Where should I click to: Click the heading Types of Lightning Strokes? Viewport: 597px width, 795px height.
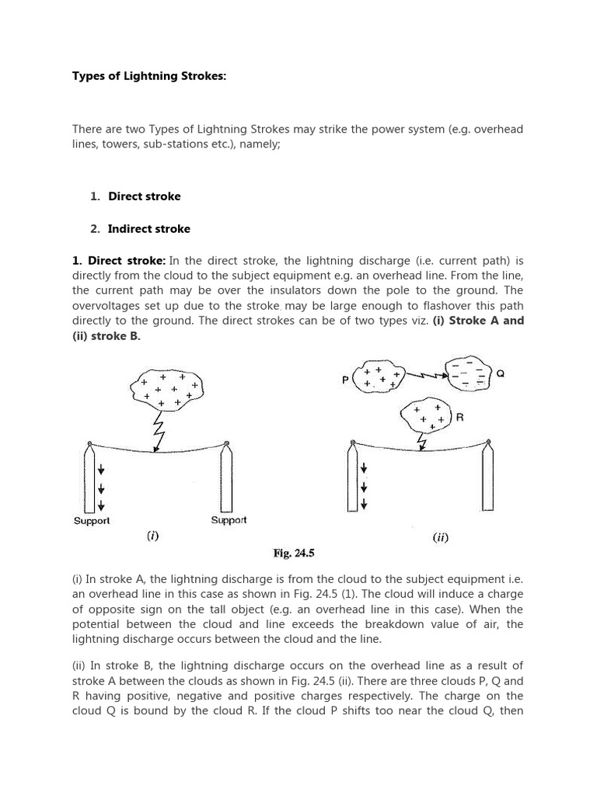coord(148,76)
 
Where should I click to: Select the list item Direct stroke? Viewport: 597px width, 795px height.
coord(144,196)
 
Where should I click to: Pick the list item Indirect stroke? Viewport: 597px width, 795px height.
coord(148,229)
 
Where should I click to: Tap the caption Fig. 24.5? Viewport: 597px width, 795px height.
coord(293,554)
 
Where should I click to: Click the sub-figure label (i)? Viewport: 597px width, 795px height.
coord(153,536)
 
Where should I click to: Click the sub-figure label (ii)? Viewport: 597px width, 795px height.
coord(440,537)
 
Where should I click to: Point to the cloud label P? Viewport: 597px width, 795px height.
coord(345,380)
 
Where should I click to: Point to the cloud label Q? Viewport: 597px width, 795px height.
coord(501,373)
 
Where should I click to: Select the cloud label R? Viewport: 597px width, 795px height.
coord(460,418)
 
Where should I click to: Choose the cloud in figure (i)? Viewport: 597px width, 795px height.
coord(167,388)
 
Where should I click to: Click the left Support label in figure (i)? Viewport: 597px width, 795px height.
coord(92,521)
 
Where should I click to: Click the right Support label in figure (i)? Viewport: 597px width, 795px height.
coord(229,520)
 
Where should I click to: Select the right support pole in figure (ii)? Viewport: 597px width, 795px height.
coord(488,477)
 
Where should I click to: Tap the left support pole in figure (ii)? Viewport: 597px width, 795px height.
coord(352,477)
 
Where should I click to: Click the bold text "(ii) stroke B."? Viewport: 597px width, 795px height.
coord(106,336)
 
